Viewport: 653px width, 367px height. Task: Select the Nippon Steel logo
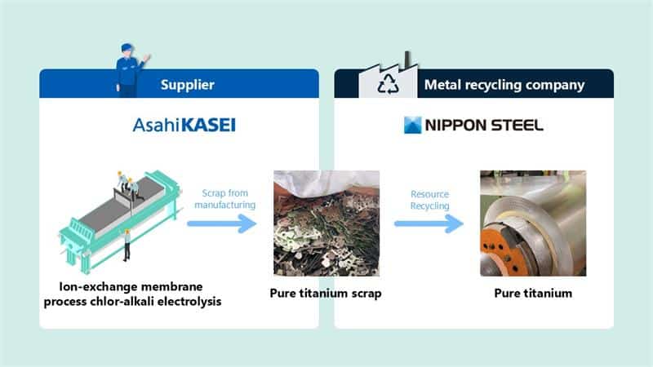pos(473,126)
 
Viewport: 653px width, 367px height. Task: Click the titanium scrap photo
pos(326,223)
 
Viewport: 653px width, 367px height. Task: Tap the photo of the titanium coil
pos(532,223)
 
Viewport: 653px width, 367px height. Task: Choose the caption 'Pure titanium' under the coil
pos(532,293)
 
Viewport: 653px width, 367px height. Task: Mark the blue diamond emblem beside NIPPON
pos(414,126)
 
